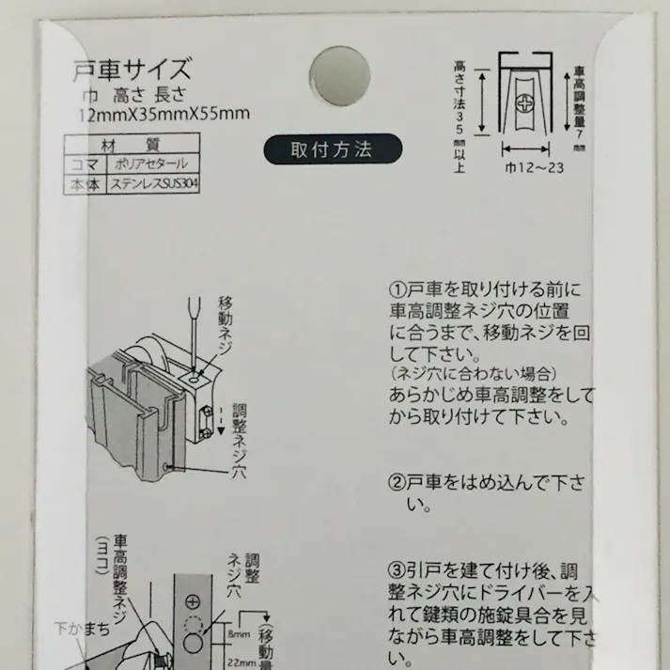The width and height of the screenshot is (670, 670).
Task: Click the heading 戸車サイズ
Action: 132,70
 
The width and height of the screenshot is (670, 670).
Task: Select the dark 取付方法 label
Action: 332,149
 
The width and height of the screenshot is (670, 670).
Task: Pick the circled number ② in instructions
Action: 396,484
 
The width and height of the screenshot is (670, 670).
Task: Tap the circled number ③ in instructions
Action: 396,571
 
